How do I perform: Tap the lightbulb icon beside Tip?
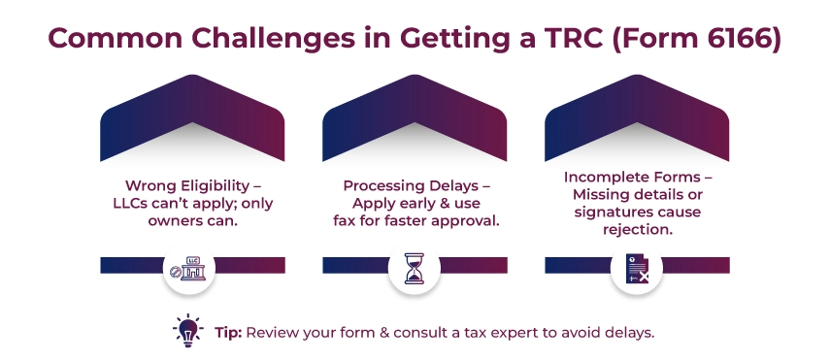click(x=185, y=330)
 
